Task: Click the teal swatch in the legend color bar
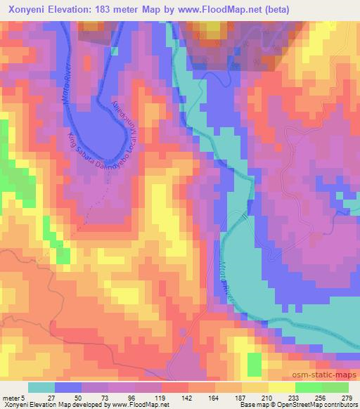[41, 387]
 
